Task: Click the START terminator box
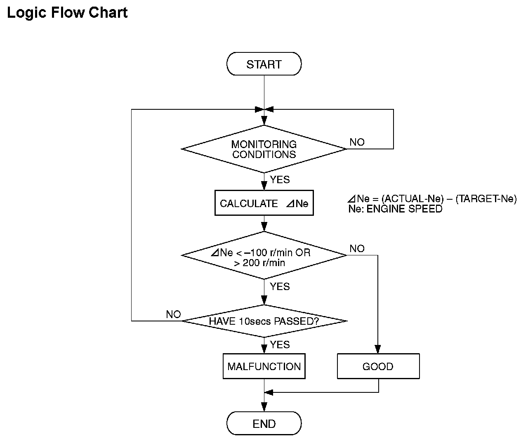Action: pos(264,64)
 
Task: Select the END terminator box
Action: pos(264,423)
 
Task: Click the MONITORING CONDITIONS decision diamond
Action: pos(264,149)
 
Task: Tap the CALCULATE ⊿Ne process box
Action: pos(264,203)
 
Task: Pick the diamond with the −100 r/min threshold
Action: pos(264,255)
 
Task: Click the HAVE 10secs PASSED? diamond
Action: pos(264,321)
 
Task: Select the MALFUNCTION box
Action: pos(264,366)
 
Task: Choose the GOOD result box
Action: pos(378,366)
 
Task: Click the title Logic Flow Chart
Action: pos(67,13)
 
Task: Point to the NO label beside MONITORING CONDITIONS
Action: pos(357,142)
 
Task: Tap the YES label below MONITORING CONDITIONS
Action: pos(280,179)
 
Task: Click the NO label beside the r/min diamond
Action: pos(357,248)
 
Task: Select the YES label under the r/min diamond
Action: pos(280,286)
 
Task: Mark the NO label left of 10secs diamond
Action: pos(173,314)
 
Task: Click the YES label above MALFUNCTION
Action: pos(280,345)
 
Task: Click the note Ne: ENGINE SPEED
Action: pos(395,209)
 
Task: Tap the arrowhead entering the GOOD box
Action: pos(378,349)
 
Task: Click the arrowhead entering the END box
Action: pos(264,407)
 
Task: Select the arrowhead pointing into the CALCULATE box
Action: pos(264,186)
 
